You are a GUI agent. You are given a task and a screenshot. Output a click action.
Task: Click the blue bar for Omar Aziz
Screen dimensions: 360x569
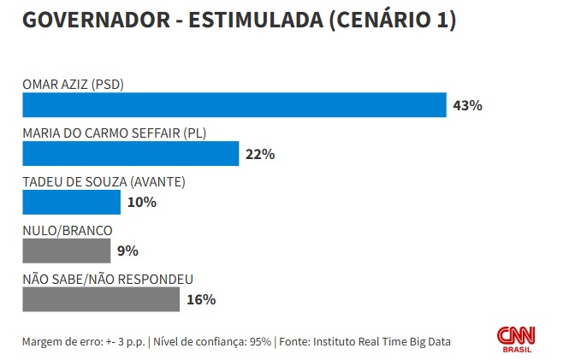pos(234,105)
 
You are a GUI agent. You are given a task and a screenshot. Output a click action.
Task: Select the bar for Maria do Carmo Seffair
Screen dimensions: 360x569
pos(130,154)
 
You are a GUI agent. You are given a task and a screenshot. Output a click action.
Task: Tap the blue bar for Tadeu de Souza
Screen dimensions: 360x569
pos(71,203)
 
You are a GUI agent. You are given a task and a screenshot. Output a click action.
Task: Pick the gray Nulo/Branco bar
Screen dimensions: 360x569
pos(66,251)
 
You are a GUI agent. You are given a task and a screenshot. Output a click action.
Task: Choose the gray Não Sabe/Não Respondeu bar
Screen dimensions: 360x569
pos(100,299)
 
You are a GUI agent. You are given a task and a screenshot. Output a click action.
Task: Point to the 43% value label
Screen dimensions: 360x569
pos(468,106)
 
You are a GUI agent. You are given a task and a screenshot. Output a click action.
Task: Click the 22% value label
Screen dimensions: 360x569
pos(259,155)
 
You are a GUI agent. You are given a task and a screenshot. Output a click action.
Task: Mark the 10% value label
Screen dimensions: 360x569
pos(141,203)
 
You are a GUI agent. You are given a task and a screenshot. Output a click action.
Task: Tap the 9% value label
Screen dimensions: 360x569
pos(128,251)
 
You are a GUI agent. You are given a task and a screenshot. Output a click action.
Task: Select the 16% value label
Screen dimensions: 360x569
pos(201,300)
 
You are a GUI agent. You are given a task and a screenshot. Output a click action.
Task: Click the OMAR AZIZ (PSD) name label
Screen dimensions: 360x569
pos(74,85)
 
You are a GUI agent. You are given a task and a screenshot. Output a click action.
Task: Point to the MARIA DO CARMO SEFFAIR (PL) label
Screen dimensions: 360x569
pos(115,133)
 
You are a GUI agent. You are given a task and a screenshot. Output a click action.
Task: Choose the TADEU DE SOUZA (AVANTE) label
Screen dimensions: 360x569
pos(104,182)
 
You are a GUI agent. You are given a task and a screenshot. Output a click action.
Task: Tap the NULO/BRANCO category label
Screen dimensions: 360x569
pos(68,230)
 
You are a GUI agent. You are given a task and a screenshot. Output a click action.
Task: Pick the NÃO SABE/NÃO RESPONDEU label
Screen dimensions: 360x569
pos(108,279)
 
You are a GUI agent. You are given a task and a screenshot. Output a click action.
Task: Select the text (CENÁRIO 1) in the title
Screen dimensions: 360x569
pos(391,21)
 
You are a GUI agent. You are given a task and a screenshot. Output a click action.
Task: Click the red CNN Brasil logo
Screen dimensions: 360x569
pos(516,337)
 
